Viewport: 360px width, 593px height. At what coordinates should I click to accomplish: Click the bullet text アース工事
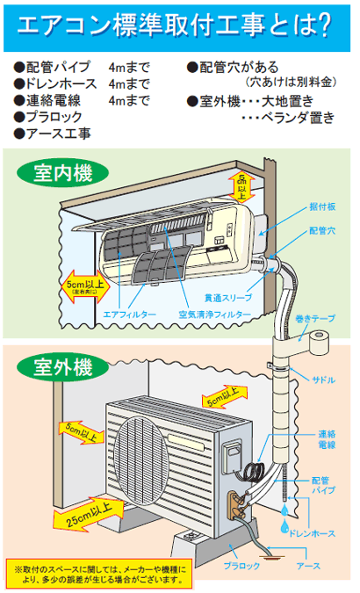click(x=54, y=133)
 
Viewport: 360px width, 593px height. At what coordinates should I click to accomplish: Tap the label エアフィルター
click(x=129, y=314)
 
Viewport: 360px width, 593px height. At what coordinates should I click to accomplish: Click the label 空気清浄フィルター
click(x=212, y=314)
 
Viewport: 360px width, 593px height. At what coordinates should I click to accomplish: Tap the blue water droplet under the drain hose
click(x=283, y=528)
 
